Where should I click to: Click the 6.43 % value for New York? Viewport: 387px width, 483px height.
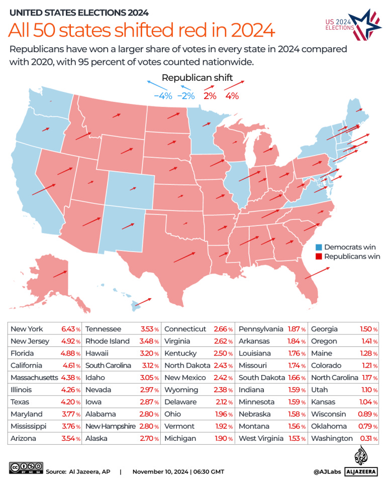click(x=70, y=329)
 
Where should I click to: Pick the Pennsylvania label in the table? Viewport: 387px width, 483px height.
click(x=261, y=329)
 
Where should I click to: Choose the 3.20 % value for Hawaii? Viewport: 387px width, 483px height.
click(x=148, y=353)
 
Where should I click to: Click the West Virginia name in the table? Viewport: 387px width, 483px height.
click(x=261, y=438)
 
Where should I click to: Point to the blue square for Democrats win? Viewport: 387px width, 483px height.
click(x=318, y=248)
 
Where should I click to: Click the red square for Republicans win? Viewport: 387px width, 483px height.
click(x=318, y=257)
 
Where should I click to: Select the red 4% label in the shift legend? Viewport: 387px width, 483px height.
click(x=232, y=95)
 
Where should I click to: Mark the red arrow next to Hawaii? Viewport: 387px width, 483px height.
click(x=143, y=301)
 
